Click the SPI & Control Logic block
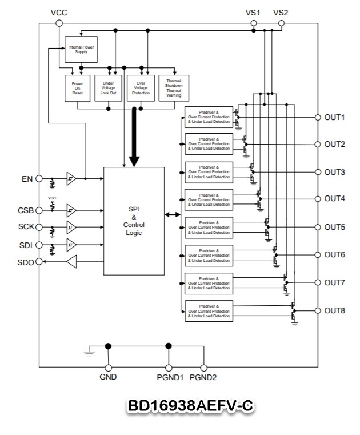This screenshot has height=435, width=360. click(134, 221)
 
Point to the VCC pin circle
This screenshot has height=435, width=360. click(58, 23)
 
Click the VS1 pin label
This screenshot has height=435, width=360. click(253, 13)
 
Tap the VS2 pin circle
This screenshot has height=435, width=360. click(281, 23)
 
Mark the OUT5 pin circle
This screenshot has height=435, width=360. click(318, 227)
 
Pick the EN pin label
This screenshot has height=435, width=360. click(26, 178)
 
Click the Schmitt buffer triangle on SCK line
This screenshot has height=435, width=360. click(71, 227)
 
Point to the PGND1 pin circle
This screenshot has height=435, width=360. click(169, 368)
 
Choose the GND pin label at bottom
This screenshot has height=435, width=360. click(108, 378)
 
